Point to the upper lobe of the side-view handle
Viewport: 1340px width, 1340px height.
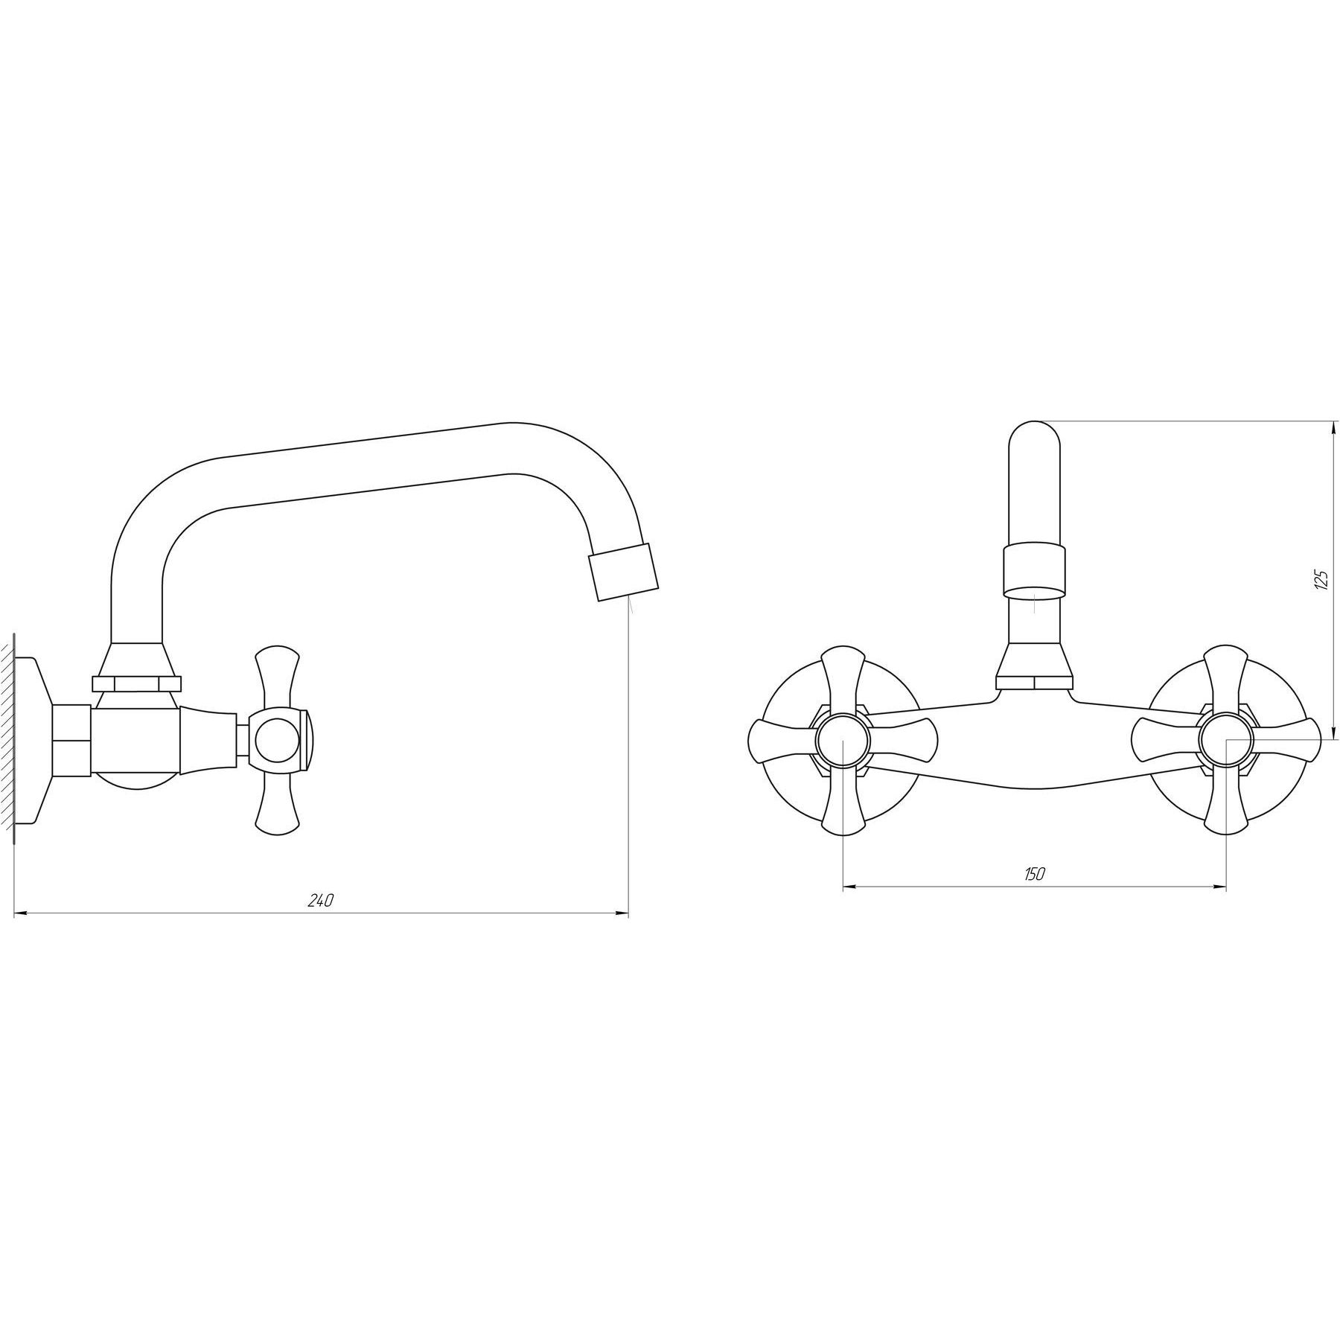[x=277, y=678]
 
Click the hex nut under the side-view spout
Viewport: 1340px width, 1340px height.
[x=136, y=683]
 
